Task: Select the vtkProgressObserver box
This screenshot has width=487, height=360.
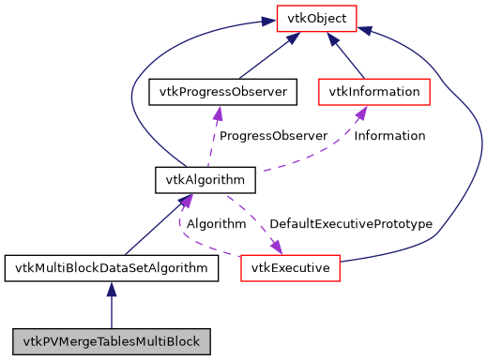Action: [223, 92]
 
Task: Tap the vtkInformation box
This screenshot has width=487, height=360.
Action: [374, 92]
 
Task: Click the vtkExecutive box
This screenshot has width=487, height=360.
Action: [290, 268]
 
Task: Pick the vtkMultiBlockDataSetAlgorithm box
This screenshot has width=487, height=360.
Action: [112, 268]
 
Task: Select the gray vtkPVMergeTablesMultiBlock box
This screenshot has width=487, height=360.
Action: [112, 340]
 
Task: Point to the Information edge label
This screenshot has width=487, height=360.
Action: [389, 136]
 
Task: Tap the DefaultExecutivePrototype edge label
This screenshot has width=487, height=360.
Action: [350, 224]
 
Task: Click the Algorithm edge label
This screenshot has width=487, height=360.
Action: [216, 224]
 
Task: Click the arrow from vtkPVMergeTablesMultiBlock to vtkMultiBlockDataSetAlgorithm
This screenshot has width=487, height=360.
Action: [112, 305]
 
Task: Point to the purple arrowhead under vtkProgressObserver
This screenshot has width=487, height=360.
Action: [218, 113]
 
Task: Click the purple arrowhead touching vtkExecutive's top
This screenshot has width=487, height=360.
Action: [278, 247]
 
